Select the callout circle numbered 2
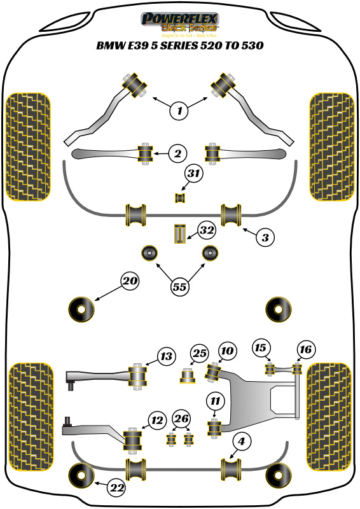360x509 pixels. [x=177, y=153]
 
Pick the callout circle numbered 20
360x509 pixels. [x=130, y=281]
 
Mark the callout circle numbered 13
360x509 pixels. [x=166, y=357]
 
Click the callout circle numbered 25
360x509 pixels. [x=200, y=353]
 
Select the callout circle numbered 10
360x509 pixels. [x=227, y=351]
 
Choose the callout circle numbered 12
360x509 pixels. [x=156, y=419]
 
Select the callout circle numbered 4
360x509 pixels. [x=242, y=440]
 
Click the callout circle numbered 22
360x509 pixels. [x=116, y=488]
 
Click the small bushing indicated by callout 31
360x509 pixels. [x=180, y=198]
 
